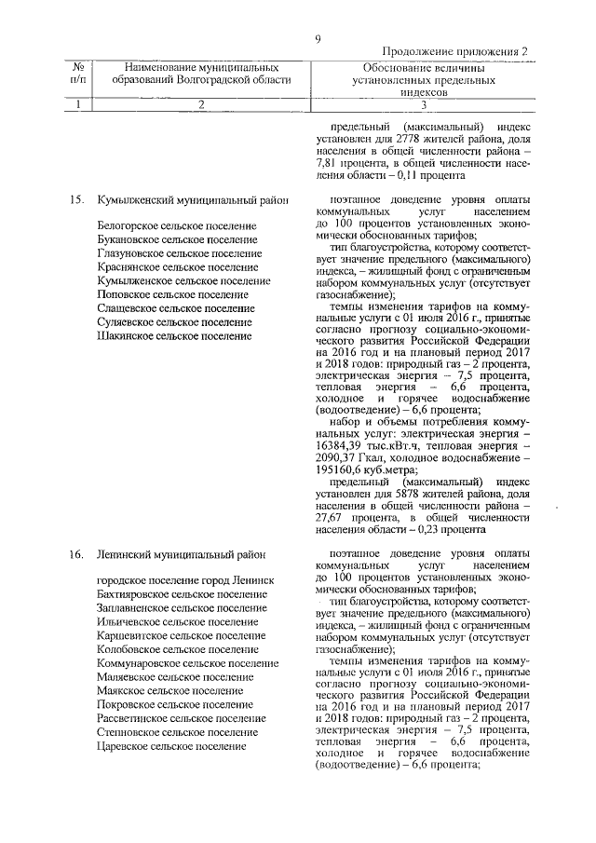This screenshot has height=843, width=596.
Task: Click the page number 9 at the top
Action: tap(318, 38)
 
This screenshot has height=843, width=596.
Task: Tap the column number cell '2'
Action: tap(199, 104)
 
